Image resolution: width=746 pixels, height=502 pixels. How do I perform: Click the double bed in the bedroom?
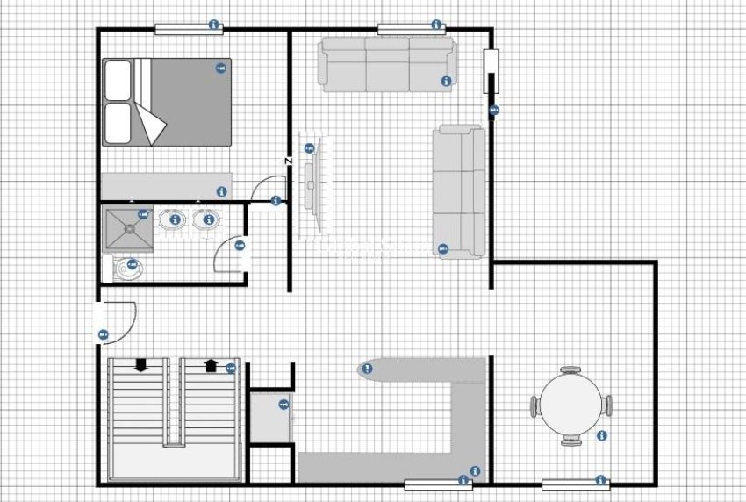(x=168, y=102)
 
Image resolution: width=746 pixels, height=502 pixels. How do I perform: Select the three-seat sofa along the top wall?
(x=386, y=64)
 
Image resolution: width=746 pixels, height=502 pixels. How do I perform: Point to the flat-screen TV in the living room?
(x=312, y=179)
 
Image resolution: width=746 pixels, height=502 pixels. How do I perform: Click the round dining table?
(x=570, y=405)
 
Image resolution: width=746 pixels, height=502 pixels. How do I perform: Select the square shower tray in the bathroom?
(x=128, y=228)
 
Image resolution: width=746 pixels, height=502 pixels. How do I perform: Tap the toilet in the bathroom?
(x=128, y=269)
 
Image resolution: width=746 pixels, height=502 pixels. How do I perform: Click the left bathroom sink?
(x=175, y=219)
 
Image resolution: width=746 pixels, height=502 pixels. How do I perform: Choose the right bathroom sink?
(x=207, y=219)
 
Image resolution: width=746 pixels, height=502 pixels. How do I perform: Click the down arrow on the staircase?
(x=140, y=366)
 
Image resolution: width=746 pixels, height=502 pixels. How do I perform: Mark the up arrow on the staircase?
(x=211, y=366)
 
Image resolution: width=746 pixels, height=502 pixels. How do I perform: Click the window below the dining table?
(x=575, y=484)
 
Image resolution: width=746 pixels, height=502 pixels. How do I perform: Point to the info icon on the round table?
(x=601, y=435)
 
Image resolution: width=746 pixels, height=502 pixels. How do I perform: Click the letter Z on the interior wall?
(x=288, y=161)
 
